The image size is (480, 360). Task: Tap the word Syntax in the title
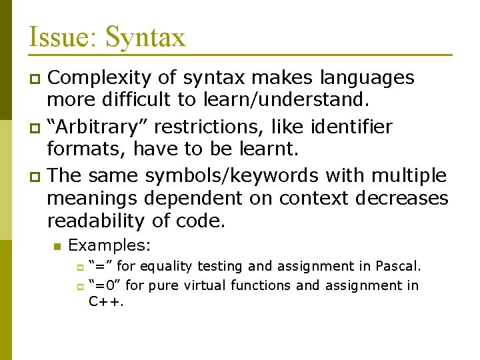[x=145, y=38]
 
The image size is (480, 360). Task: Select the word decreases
[x=402, y=198]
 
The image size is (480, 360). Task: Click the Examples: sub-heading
[x=110, y=246]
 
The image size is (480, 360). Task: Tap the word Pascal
[x=399, y=266]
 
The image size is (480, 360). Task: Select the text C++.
[x=107, y=301]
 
